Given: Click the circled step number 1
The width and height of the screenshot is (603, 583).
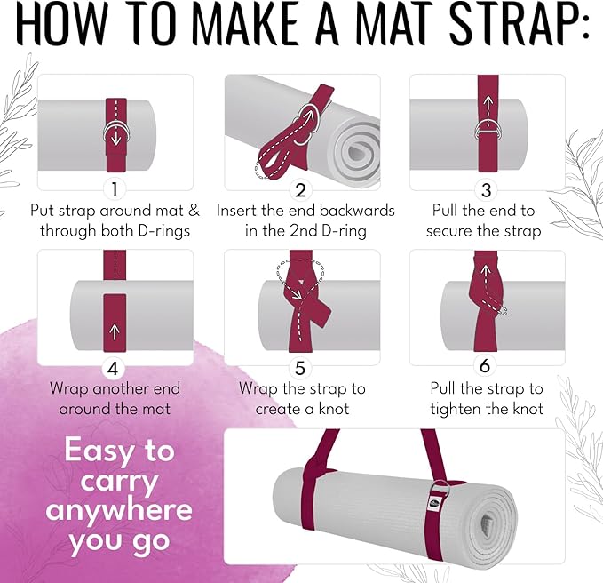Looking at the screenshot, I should coord(113,188).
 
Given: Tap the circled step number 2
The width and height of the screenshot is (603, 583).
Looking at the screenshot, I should coord(301,188).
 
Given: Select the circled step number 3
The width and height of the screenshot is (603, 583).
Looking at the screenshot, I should coord(485,188).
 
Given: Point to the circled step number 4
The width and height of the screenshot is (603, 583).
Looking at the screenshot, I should coord(113,366).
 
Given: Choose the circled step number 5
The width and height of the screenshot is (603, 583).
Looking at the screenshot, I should coord(301,366).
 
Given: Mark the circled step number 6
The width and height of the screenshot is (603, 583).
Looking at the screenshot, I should coord(485,366).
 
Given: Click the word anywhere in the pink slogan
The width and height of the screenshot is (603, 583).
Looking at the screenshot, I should coord(119,510).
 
